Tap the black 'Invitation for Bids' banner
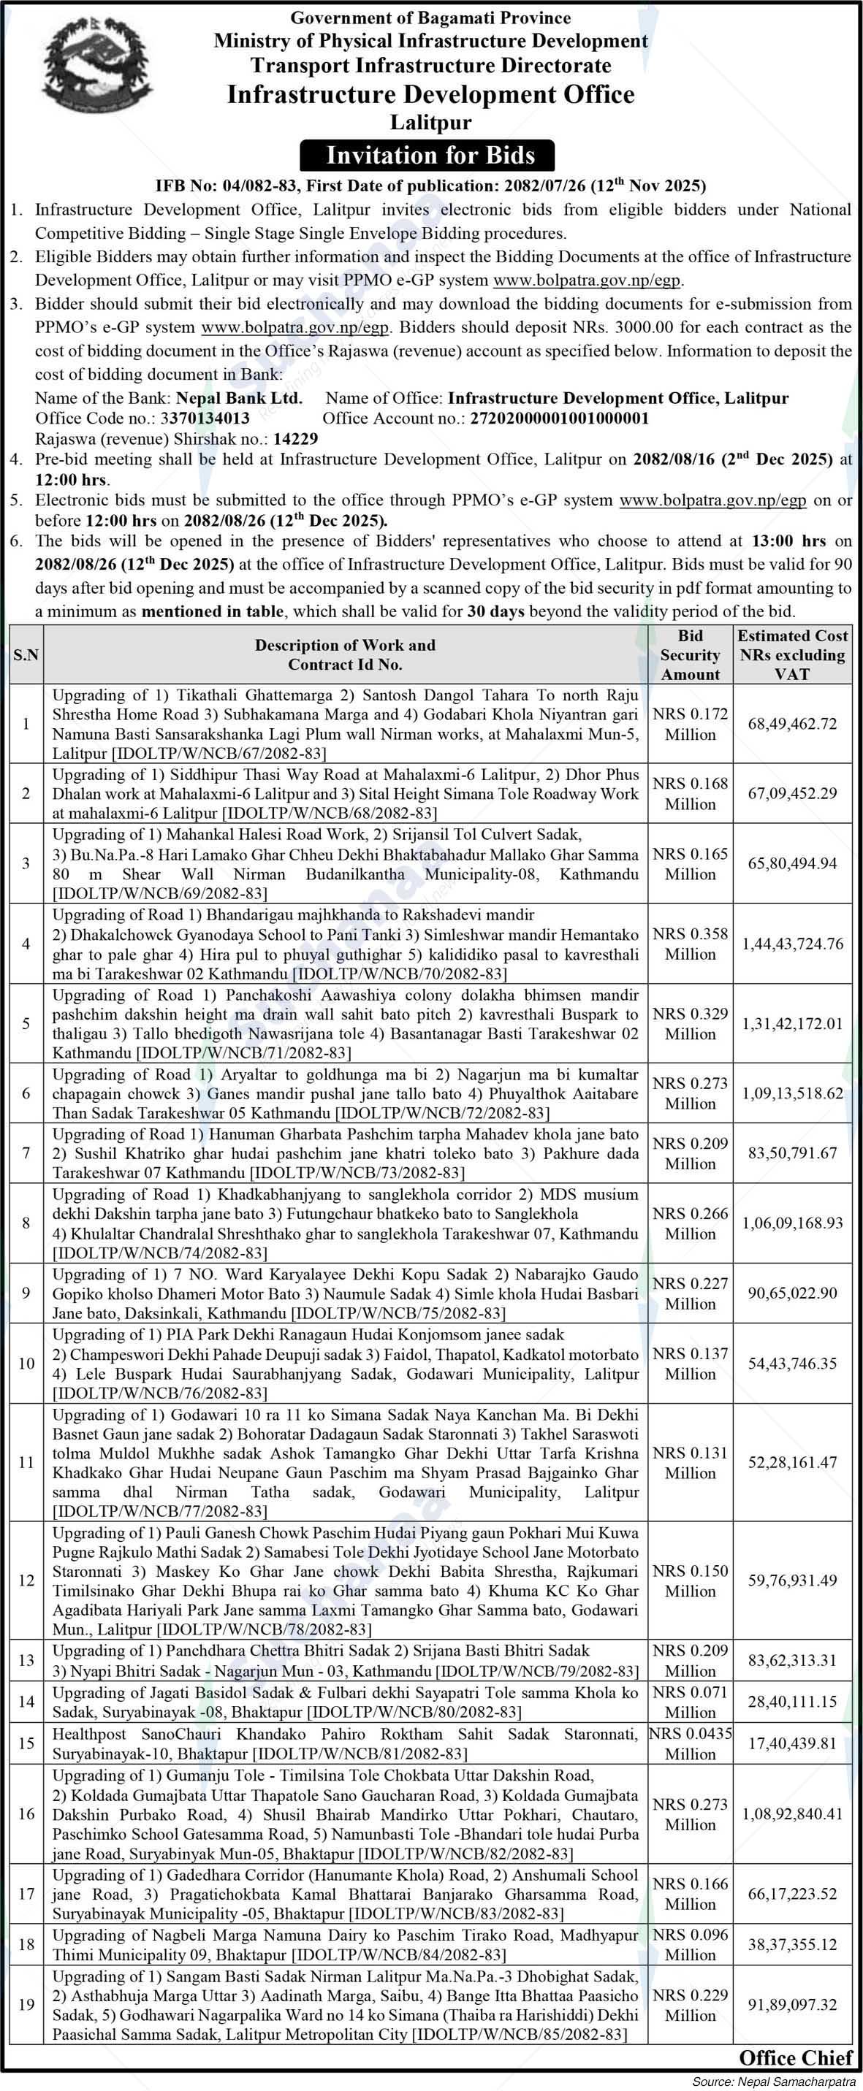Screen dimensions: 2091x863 pos(430,155)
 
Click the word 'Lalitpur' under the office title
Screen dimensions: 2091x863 pos(430,123)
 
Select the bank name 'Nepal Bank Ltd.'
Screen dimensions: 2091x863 pos(240,398)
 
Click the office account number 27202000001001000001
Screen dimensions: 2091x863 pos(559,418)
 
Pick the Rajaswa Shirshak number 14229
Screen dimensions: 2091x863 pos(295,438)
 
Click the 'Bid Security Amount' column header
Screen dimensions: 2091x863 pos(690,654)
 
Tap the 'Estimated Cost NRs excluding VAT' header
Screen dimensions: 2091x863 pos(791,654)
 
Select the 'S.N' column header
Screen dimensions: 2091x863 pos(26,654)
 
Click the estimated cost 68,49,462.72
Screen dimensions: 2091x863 pos(791,723)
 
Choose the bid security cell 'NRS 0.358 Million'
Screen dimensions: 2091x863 pos(690,943)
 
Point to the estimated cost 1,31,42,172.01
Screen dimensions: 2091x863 pos(791,1022)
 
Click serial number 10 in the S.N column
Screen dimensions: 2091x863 pos(26,1363)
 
